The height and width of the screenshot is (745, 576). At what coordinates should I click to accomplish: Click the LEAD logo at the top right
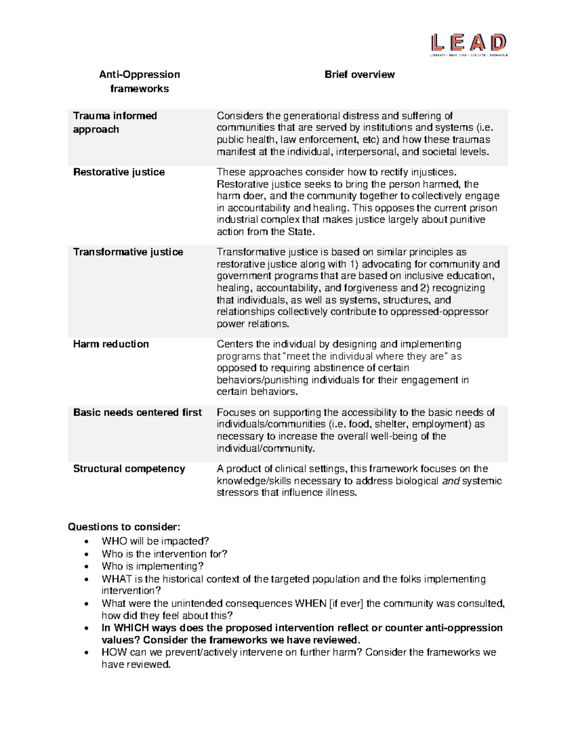[x=469, y=44]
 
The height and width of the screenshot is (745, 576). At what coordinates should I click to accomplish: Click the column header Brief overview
[x=360, y=74]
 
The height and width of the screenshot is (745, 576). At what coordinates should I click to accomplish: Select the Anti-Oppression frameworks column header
[x=139, y=82]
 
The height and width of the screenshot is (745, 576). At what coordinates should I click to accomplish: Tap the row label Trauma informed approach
[x=115, y=122]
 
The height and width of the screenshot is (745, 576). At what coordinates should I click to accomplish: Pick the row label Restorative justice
[x=119, y=172]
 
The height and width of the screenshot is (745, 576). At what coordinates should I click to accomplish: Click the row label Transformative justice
[x=128, y=252]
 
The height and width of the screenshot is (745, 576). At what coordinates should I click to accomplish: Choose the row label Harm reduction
[x=111, y=344]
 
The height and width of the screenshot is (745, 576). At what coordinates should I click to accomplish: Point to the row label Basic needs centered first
[x=137, y=413]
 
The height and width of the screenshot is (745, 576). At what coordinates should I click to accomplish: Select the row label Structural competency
[x=129, y=469]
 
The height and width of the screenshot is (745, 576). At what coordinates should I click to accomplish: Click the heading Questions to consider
[x=124, y=527]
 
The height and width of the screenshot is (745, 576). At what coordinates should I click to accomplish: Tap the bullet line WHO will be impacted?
[x=155, y=541]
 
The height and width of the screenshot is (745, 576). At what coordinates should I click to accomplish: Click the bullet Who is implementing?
[x=153, y=567]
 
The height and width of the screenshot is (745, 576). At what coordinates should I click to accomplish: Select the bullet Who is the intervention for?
[x=164, y=554]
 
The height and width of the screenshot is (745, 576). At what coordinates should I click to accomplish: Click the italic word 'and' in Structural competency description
[x=450, y=481]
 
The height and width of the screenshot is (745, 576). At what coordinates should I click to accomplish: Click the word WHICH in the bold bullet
[x=132, y=628]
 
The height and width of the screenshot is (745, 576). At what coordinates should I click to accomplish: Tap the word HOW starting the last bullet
[x=114, y=652]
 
